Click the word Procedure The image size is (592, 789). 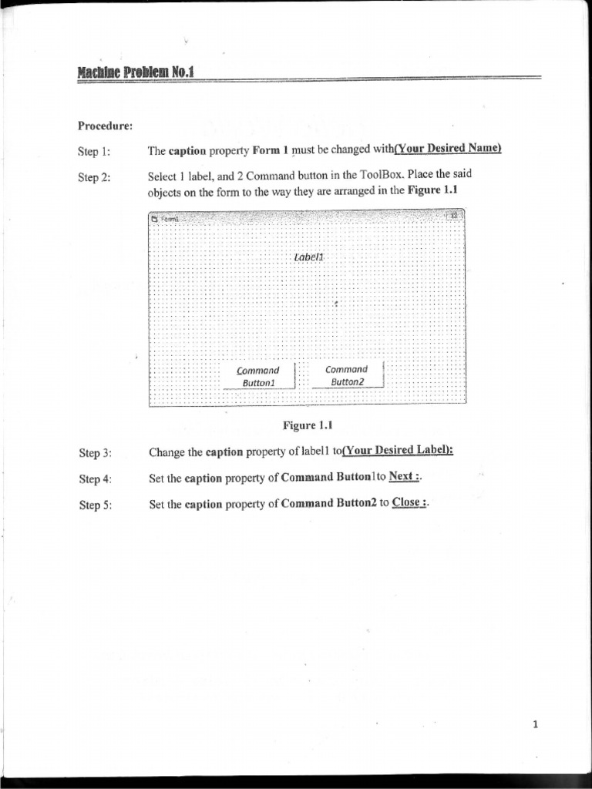point(105,125)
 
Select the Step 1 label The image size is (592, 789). point(94,151)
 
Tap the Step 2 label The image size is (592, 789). point(94,177)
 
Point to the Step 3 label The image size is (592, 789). point(95,453)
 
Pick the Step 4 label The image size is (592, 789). point(95,479)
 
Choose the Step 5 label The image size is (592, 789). point(95,505)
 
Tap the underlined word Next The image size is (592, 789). point(403,476)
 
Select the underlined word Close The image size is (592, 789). point(408,502)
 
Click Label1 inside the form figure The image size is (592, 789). point(309,256)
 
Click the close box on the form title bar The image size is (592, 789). point(455,217)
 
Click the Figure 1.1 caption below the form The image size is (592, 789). point(307,425)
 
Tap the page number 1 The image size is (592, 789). point(535,724)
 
